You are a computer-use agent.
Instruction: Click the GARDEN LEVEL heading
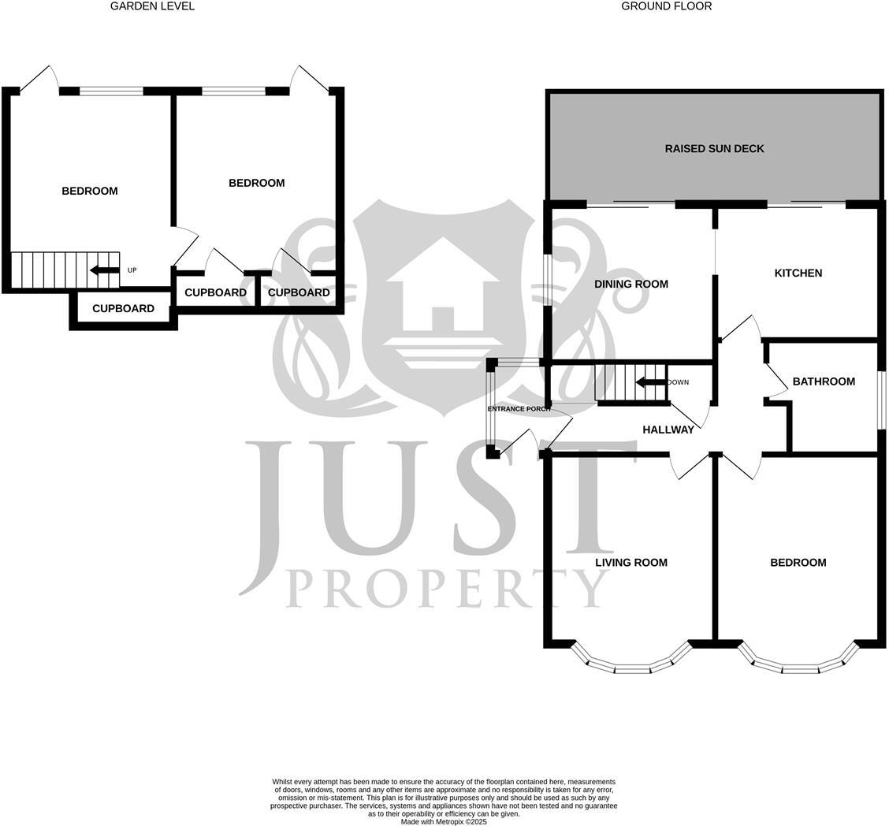pos(152,6)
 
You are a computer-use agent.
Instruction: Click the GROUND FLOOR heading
pos(666,6)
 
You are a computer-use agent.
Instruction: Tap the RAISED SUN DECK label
pos(714,148)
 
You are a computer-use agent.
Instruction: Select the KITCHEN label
pos(798,273)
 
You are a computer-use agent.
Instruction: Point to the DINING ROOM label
pos(630,284)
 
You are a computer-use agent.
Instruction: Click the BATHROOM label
pos(824,381)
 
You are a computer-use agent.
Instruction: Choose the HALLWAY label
pos(668,430)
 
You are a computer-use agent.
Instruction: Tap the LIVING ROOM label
pos(630,562)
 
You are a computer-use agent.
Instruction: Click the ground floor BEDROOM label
pos(798,562)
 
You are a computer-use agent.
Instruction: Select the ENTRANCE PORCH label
pos(519,409)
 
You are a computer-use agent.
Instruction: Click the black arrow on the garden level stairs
pos(104,270)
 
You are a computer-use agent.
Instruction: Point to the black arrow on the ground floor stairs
pos(651,383)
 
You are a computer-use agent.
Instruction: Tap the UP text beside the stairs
pos(132,270)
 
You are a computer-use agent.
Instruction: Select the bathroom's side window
pos(882,400)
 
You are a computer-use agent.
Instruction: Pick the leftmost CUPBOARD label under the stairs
pos(123,308)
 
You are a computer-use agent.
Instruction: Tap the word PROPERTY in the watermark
pos(446,588)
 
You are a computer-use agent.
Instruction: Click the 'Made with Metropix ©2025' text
pos(444,821)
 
